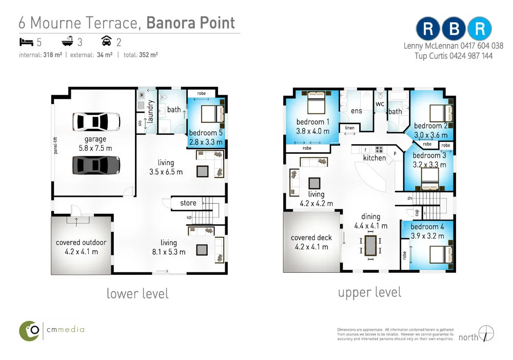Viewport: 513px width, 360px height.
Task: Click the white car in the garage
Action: click(x=96, y=122)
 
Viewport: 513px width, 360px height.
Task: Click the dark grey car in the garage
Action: click(x=96, y=165)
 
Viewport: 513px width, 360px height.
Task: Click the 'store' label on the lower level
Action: click(x=188, y=203)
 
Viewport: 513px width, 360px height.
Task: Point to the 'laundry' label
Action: click(x=150, y=111)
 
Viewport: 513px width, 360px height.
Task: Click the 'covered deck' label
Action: click(x=311, y=238)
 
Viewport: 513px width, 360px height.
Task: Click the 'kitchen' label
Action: click(x=374, y=158)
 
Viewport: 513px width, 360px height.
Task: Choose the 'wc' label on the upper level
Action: click(x=380, y=104)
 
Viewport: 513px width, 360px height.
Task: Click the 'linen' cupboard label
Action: click(x=349, y=128)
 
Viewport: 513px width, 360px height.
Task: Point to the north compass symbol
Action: click(x=486, y=333)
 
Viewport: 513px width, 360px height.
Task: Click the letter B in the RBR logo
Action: click(x=454, y=29)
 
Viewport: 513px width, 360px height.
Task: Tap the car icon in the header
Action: click(x=106, y=41)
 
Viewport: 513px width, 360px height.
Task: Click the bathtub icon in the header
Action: click(x=67, y=41)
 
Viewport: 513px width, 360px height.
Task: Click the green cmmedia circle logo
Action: click(x=29, y=331)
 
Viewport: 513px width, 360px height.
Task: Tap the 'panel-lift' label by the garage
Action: click(x=55, y=145)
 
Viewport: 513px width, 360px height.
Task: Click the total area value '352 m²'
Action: click(x=148, y=55)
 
